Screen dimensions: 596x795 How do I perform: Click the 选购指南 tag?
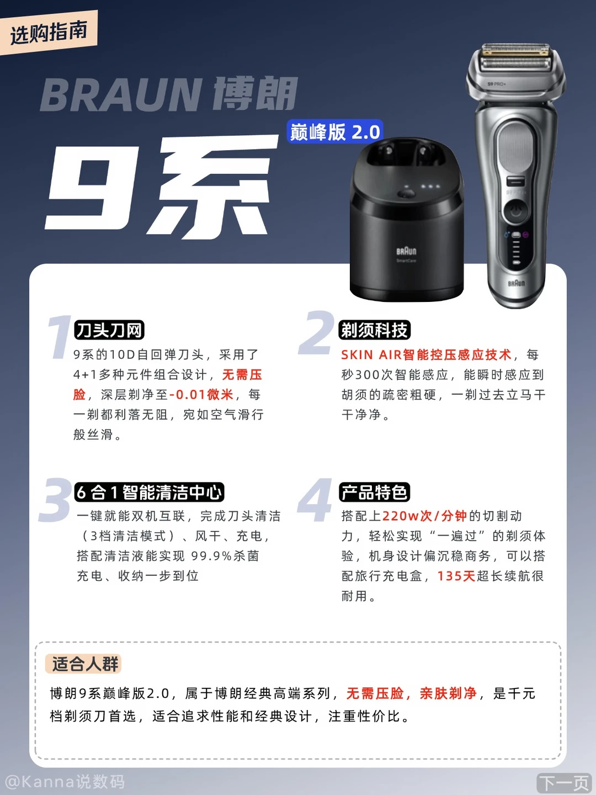49,33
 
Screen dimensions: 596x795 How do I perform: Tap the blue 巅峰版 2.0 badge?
335,131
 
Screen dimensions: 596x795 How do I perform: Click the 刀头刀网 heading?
109,330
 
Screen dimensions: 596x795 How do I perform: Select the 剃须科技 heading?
375,330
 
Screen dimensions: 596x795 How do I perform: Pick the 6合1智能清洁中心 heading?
149,492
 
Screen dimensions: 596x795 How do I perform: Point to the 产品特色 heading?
375,492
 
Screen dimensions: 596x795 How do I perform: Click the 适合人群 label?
83,664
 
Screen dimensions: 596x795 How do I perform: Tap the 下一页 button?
564,783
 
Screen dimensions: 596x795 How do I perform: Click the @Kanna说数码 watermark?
65,782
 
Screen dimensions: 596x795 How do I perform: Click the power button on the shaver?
516,211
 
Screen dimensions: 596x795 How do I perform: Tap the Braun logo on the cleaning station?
406,251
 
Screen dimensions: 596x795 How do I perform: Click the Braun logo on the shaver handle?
517,283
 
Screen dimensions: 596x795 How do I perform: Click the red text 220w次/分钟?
424,516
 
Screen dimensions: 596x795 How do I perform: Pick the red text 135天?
456,575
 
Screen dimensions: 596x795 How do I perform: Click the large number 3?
55,500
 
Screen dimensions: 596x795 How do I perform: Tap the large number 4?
315,500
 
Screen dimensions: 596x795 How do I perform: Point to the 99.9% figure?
211,555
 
